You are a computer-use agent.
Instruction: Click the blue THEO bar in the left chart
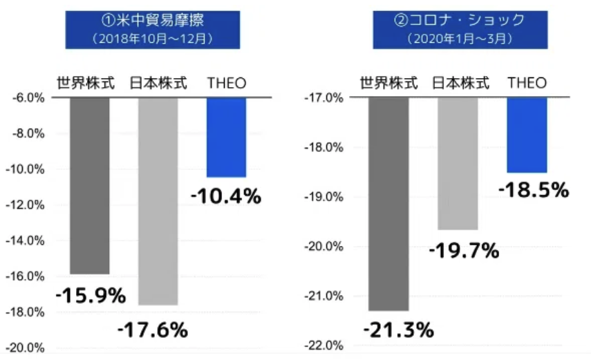[226, 138]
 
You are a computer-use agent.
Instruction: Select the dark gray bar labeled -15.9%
[89, 185]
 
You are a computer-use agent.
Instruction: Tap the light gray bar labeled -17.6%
[158, 200]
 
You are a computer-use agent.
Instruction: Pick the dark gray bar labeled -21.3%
[389, 204]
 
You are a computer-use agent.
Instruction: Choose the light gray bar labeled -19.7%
[458, 163]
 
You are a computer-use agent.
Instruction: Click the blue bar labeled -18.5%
[527, 135]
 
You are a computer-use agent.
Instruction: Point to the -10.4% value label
[226, 196]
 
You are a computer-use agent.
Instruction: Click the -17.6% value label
[153, 330]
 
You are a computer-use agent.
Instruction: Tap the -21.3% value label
[398, 330]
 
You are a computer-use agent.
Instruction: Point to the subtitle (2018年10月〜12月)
[153, 39]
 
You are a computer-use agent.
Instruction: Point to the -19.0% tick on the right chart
[323, 197]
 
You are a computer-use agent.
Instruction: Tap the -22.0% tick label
[323, 345]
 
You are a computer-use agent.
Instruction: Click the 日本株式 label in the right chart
[460, 84]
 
